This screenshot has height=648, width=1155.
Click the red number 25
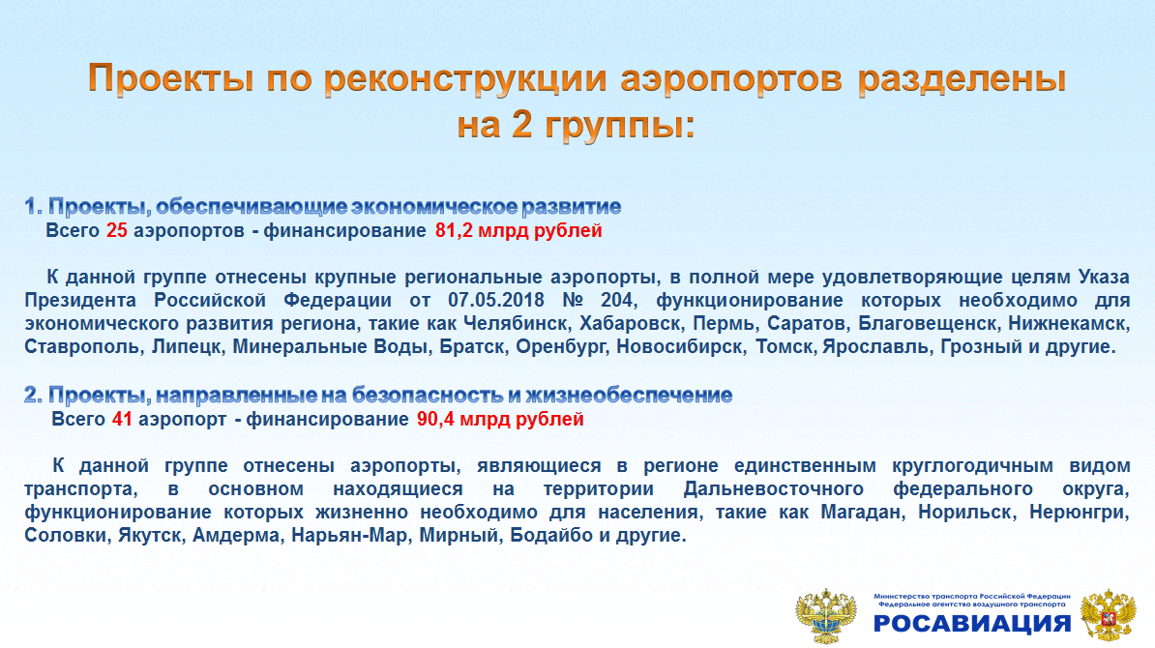(x=116, y=230)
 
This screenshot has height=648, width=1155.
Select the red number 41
(x=122, y=419)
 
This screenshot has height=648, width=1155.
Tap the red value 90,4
(x=435, y=419)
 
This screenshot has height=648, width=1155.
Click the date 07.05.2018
(x=495, y=301)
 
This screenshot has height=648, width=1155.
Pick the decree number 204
(x=616, y=301)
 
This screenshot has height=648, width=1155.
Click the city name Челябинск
(x=516, y=323)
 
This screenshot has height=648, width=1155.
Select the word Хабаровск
(x=630, y=323)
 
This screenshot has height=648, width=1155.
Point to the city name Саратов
(x=807, y=323)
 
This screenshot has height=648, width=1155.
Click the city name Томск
(x=785, y=347)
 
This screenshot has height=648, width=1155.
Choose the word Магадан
(x=863, y=512)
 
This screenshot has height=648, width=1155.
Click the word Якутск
(x=150, y=536)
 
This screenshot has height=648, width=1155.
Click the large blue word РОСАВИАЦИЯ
(x=971, y=623)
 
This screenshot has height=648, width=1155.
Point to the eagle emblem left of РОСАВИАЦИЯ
(x=826, y=615)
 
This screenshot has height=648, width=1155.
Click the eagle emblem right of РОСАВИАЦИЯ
(x=1108, y=615)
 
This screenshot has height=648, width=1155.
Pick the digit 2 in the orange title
(x=521, y=123)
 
